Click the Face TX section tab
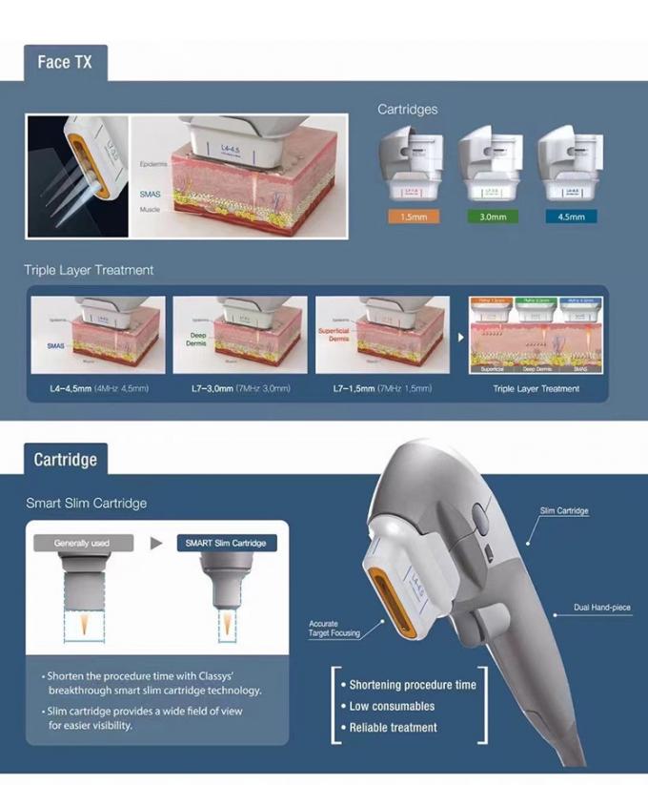[65, 62]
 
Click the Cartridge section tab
[65, 460]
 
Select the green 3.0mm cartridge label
[491, 217]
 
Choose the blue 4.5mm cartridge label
[570, 217]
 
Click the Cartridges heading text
[408, 110]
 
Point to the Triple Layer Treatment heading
[89, 270]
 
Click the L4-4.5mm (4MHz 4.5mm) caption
[97, 389]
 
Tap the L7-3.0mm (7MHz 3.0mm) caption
[239, 389]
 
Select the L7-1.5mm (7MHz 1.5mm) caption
[382, 389]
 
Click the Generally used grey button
[82, 543]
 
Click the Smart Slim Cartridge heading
[87, 503]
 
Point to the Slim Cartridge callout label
[564, 511]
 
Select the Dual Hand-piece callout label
[602, 607]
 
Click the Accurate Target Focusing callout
[334, 629]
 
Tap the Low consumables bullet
[392, 706]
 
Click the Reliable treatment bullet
[394, 728]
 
